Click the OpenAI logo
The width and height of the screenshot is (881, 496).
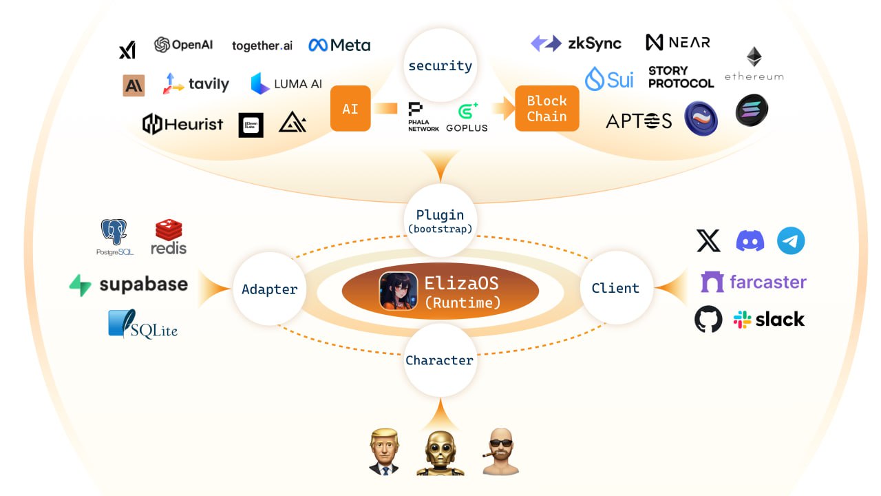click(183, 45)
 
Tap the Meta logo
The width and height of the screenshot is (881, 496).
click(339, 45)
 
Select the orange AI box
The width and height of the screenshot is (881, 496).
click(350, 109)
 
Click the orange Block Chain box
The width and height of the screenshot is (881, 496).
click(546, 109)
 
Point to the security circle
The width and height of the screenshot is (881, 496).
click(440, 66)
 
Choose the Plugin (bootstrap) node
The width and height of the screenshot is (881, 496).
click(440, 220)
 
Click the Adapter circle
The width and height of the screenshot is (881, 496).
click(269, 289)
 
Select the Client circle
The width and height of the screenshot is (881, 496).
click(615, 288)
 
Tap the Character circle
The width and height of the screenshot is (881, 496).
click(439, 360)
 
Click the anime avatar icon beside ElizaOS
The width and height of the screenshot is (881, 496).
click(396, 291)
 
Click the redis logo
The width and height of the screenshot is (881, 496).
click(169, 237)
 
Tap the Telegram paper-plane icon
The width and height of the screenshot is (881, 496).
click(791, 241)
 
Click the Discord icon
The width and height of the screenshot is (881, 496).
click(750, 241)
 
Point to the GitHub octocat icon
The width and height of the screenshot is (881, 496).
click(708, 320)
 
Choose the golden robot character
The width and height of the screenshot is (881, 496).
click(440, 452)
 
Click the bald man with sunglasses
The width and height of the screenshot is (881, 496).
click(500, 452)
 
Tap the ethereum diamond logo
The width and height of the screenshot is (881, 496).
click(754, 57)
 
